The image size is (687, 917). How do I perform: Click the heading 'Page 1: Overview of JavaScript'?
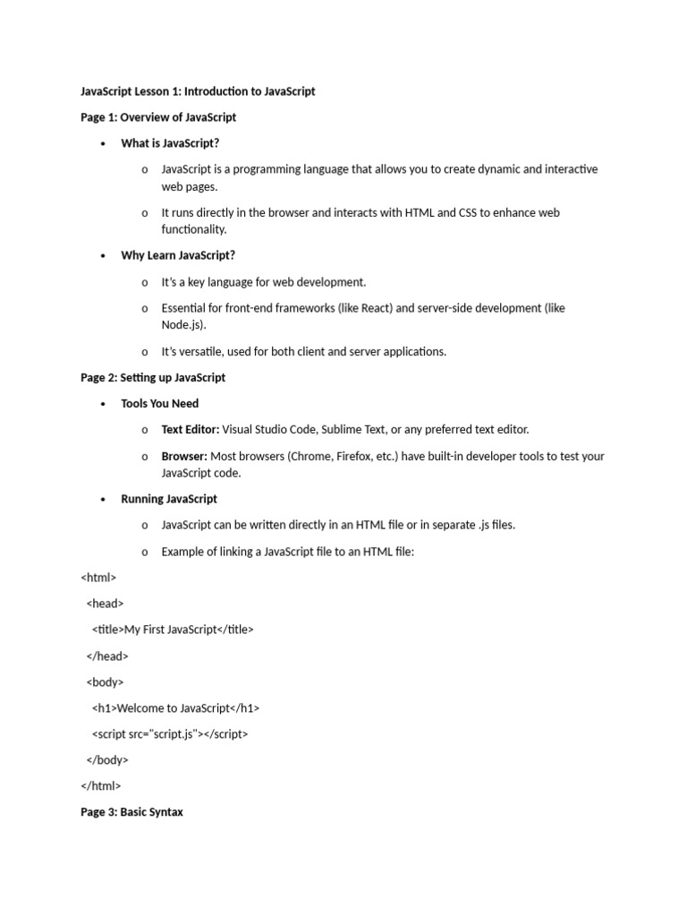tap(158, 117)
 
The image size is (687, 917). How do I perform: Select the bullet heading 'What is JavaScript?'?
tap(170, 143)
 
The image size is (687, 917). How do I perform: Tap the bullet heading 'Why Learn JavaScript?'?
tap(178, 255)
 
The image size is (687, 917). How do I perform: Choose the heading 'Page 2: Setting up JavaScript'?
tap(153, 378)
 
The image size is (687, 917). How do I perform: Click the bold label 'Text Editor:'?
tap(190, 430)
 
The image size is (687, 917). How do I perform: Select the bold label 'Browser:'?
tap(184, 456)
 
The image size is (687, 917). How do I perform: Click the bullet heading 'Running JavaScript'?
tap(169, 499)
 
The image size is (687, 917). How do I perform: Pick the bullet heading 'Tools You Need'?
tap(160, 404)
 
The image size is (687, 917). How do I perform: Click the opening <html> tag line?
tap(98, 578)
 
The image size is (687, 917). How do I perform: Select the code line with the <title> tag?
tap(173, 630)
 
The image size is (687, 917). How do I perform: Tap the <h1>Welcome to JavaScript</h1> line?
tap(175, 707)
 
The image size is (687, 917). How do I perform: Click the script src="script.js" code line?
tap(170, 733)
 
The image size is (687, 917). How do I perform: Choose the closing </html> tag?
tap(101, 785)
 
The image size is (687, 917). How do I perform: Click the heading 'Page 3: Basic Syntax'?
tap(131, 812)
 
